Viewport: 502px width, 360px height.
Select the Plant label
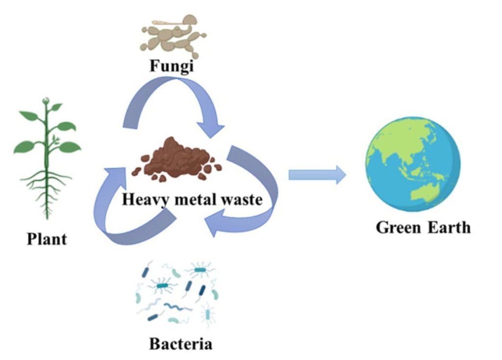click(47, 240)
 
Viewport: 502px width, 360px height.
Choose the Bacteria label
click(181, 343)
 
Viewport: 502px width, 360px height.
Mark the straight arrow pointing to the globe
click(316, 174)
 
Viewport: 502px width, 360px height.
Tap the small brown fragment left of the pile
click(137, 171)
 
